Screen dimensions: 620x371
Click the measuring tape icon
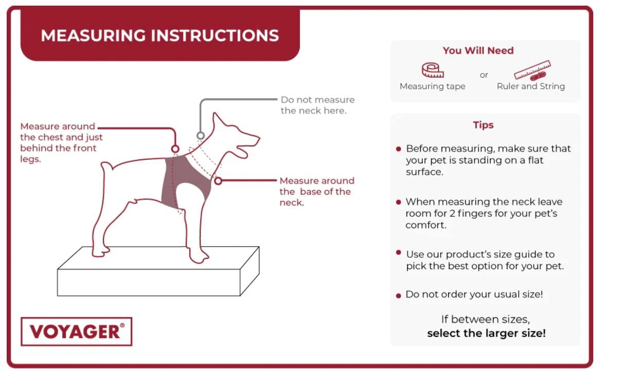(433, 70)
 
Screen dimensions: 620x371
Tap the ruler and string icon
(532, 70)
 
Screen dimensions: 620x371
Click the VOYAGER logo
(76, 331)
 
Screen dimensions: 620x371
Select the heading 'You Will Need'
(478, 50)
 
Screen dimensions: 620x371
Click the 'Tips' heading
(483, 125)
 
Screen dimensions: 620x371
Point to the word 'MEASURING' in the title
(93, 35)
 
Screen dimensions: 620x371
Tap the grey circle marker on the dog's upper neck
(201, 136)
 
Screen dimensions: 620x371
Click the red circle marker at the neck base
(218, 181)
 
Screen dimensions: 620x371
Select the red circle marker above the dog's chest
(175, 149)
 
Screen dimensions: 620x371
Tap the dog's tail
(107, 166)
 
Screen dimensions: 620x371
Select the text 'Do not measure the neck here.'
(317, 105)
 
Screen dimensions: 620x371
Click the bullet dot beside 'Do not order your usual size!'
(399, 296)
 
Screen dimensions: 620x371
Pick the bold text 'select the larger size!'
(486, 333)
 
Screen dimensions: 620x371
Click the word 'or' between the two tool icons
(484, 75)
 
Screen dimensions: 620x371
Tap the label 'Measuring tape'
(433, 86)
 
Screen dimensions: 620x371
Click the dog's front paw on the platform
(199, 256)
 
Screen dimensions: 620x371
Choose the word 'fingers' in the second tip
(474, 214)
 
